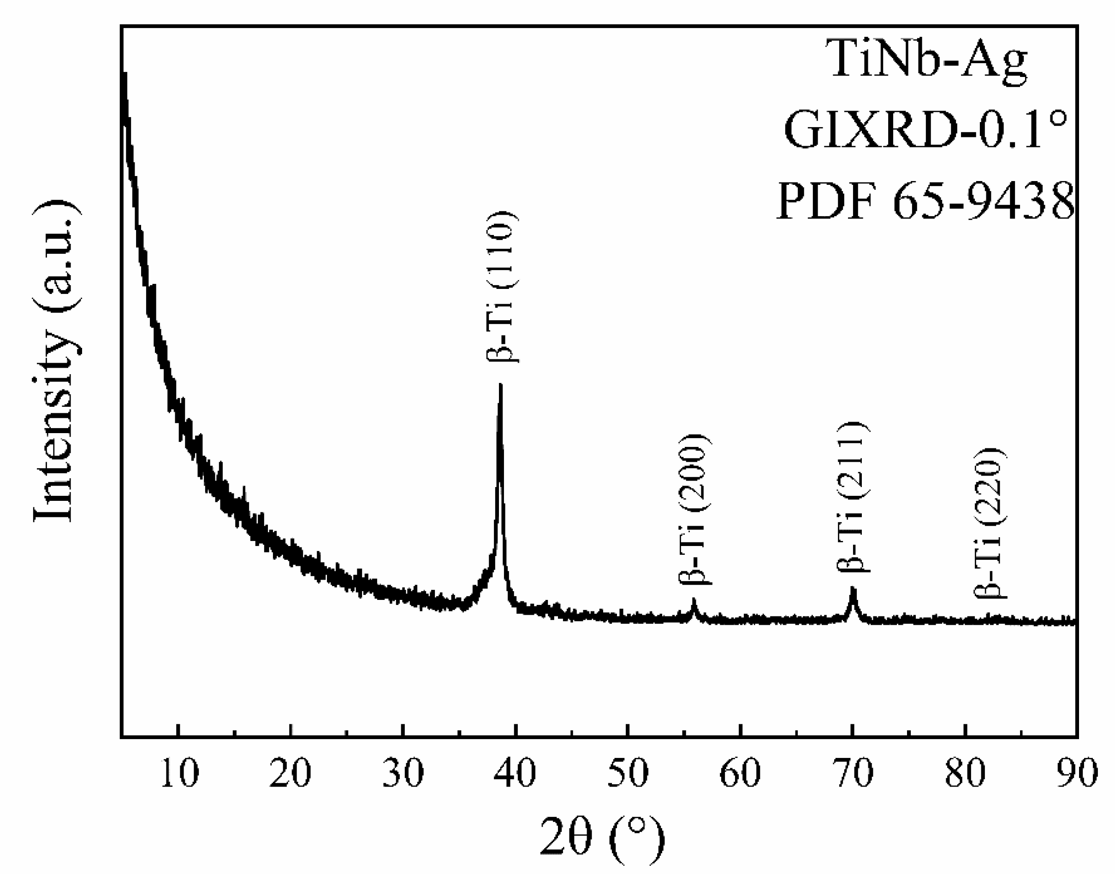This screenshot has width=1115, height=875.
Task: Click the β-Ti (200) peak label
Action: pyautogui.click(x=695, y=509)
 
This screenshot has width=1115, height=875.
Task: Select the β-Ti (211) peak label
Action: pyautogui.click(x=854, y=496)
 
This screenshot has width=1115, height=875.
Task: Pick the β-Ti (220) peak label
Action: pyautogui.click(x=990, y=523)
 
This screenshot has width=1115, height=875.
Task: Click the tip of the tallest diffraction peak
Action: pyautogui.click(x=501, y=385)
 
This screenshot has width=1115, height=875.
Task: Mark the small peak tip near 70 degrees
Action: pyautogui.click(x=853, y=588)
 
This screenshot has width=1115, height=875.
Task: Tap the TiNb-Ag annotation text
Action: pyautogui.click(x=928, y=60)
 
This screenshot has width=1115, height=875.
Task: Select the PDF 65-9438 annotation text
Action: pyautogui.click(x=925, y=201)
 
